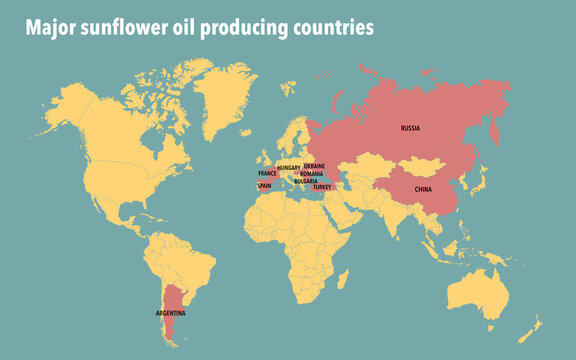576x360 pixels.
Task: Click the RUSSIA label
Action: pyautogui.click(x=410, y=129)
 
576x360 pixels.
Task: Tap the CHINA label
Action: pyautogui.click(x=423, y=189)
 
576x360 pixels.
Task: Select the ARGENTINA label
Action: pyautogui.click(x=170, y=314)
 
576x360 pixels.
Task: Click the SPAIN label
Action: pyautogui.click(x=265, y=185)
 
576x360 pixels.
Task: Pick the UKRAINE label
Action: pyautogui.click(x=313, y=166)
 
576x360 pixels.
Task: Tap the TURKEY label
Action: pyautogui.click(x=322, y=187)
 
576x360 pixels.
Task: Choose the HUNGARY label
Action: pyautogui.click(x=289, y=168)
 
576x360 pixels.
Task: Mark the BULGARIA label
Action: pyautogui.click(x=305, y=181)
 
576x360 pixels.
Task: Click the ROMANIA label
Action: pyautogui.click(x=311, y=173)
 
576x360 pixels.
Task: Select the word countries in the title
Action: pyautogui.click(x=333, y=28)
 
